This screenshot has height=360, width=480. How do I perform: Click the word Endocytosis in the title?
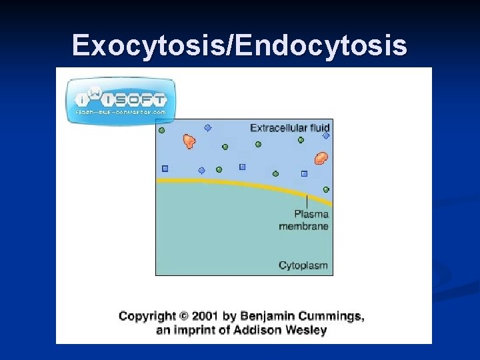[x=322, y=45]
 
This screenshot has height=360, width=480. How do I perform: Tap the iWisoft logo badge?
[x=121, y=100]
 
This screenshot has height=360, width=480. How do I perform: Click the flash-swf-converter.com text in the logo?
[x=121, y=113]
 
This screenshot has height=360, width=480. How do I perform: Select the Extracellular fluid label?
[x=290, y=127]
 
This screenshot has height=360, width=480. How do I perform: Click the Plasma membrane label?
[x=304, y=220]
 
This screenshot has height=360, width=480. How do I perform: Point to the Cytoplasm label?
[x=303, y=265]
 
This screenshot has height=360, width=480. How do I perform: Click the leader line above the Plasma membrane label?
[x=307, y=201]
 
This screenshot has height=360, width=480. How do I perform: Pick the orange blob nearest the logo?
[x=189, y=141]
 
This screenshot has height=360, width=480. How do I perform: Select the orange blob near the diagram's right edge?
[x=321, y=158]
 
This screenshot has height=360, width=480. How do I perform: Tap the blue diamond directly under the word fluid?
[x=326, y=136]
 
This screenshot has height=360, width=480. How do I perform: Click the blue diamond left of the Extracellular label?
[x=207, y=128]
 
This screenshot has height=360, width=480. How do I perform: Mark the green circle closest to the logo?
[x=161, y=131]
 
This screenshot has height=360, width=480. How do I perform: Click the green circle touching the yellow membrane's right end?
[x=326, y=189]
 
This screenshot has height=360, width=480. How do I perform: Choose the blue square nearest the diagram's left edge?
[x=165, y=169]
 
